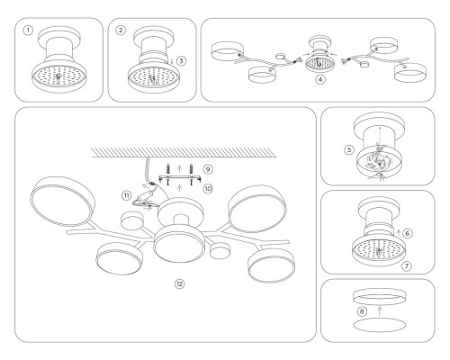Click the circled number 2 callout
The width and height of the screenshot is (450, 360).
[121, 30]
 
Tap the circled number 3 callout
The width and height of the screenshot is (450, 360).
[181, 62]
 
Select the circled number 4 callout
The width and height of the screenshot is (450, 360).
[319, 80]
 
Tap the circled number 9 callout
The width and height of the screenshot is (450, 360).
[208, 168]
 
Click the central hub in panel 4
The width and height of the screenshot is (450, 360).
[320, 63]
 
